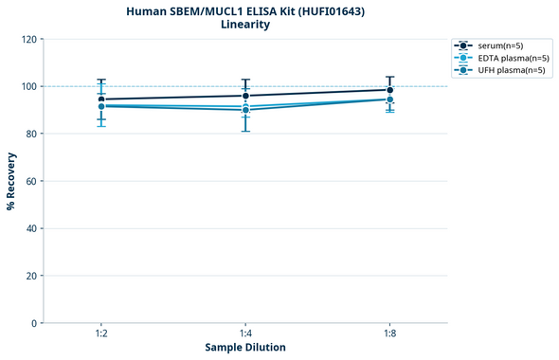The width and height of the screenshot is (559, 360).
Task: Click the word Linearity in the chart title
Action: pos(244,25)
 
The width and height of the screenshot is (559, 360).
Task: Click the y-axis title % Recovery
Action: pos(11,181)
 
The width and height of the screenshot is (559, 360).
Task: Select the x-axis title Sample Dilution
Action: pos(245,347)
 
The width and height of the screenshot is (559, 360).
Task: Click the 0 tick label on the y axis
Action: pos(34,323)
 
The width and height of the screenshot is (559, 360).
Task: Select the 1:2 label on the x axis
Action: pos(101,333)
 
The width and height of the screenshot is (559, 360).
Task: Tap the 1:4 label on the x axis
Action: pos(245,333)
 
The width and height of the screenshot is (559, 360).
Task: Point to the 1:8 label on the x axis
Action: pos(390,333)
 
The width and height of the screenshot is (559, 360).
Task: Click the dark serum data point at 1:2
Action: pos(101,99)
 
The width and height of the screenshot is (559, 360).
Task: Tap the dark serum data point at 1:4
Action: pos(245,96)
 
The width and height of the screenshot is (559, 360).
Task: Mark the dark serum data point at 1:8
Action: pos(390,90)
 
